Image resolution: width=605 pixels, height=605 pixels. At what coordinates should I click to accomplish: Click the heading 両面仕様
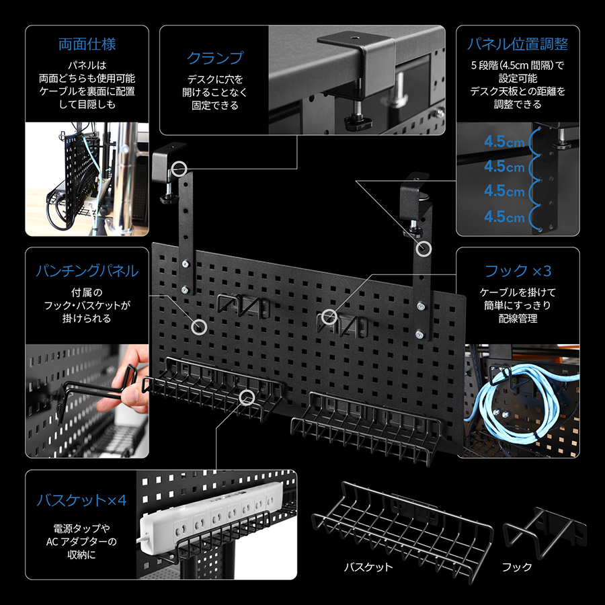pos(87,44)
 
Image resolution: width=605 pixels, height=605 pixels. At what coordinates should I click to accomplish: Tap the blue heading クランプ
pos(215,58)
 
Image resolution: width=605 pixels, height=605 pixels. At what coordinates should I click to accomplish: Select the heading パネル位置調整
pos(518,44)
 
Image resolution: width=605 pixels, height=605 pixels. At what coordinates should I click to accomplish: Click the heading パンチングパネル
pos(87,271)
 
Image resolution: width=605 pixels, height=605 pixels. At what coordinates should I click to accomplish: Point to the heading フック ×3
pos(518,271)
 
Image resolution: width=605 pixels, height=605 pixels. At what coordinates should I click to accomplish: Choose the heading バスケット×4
pos(82,500)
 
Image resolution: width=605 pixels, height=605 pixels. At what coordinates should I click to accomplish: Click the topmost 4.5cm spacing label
pos(504,142)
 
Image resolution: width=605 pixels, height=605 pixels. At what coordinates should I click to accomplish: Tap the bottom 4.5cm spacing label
pos(504,217)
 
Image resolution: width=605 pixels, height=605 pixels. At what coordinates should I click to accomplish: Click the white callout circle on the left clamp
pos(179,169)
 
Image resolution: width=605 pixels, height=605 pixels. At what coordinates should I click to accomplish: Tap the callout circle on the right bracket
pos(424,249)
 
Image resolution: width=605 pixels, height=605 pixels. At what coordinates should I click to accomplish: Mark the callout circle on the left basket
pos(247,398)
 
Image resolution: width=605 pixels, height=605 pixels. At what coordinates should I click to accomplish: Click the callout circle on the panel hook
pos(329,317)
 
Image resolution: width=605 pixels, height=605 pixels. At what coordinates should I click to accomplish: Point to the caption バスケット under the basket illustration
pos(368,567)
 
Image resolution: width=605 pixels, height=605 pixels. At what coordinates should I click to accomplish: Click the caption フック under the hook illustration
pos(517,567)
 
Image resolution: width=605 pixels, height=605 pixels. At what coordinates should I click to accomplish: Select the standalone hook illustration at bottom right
pos(544,532)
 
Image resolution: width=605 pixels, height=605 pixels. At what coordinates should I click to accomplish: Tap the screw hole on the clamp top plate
pos(354,39)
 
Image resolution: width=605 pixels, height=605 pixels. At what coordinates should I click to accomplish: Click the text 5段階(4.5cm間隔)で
pos(518,65)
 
